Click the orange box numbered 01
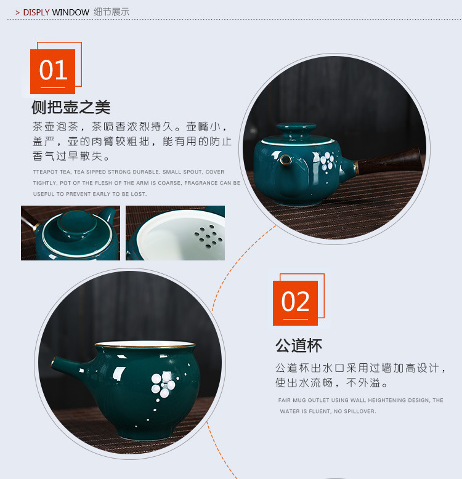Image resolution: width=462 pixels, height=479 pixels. pyautogui.click(x=53, y=71)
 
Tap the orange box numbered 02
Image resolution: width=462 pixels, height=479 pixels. pyautogui.click(x=295, y=302)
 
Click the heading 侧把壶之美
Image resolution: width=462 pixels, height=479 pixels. pyautogui.click(x=71, y=107)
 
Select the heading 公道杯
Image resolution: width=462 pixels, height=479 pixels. pyautogui.click(x=299, y=345)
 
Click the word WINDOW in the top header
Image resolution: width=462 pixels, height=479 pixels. pyautogui.click(x=70, y=12)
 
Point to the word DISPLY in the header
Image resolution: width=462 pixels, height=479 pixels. pyautogui.click(x=36, y=12)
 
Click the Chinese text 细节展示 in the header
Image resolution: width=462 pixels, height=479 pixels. pyautogui.click(x=111, y=12)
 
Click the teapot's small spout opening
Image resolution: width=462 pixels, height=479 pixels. pyautogui.click(x=286, y=160)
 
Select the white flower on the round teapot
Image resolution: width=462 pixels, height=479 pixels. pyautogui.click(x=328, y=161)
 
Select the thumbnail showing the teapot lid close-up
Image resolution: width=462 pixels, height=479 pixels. pyautogui.click(x=70, y=233)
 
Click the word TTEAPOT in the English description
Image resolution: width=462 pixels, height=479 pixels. pyautogui.click(x=47, y=172)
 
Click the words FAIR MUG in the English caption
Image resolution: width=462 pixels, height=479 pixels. pyautogui.click(x=293, y=400)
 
